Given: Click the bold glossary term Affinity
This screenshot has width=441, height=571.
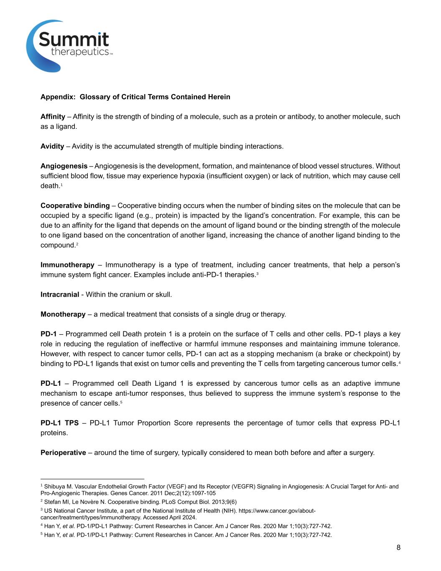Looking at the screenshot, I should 53,117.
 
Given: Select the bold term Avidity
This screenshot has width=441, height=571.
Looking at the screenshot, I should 52,146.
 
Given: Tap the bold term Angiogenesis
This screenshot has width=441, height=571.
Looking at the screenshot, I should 64,166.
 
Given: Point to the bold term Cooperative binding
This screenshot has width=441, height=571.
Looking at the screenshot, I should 75,206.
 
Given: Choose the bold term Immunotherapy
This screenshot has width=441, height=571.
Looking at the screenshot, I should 67,265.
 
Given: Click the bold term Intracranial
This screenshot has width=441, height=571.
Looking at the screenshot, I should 60,294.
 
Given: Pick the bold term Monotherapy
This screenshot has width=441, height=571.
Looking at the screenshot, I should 63,314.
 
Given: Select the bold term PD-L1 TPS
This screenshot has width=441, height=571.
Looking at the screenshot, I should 59,423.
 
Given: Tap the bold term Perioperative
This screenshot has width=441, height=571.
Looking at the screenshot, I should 63,453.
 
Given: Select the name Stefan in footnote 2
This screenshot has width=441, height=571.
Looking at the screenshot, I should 51,502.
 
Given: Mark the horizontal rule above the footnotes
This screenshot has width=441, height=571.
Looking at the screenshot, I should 92,479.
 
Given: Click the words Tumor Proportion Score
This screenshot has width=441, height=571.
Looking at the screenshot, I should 153,423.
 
